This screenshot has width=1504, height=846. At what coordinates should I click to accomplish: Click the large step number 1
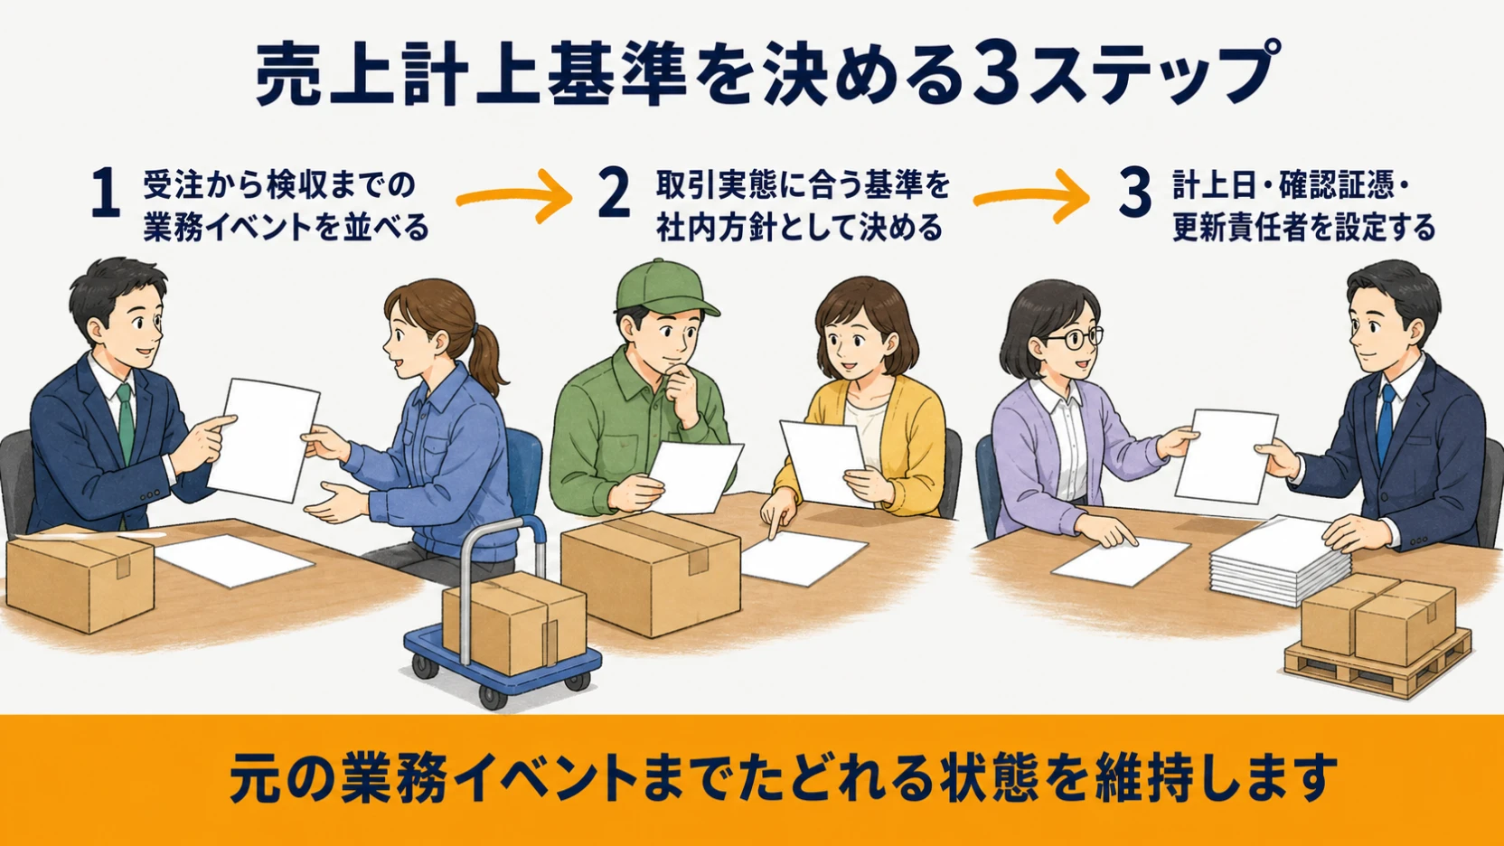(x=106, y=194)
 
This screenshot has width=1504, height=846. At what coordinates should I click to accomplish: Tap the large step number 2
(x=614, y=193)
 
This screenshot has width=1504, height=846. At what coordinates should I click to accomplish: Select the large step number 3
(x=1135, y=193)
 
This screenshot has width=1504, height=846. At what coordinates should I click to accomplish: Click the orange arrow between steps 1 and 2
(x=514, y=196)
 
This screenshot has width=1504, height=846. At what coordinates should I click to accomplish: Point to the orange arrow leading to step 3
(x=1031, y=196)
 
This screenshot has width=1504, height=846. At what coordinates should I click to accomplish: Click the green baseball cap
(x=663, y=288)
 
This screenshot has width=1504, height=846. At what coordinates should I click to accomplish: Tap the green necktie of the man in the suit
(x=126, y=423)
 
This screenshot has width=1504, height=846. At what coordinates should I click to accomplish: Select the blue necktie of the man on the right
(x=1385, y=422)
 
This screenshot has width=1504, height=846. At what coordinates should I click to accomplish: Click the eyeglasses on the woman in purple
(x=1075, y=336)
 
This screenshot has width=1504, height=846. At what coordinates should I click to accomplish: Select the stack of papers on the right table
(x=1279, y=560)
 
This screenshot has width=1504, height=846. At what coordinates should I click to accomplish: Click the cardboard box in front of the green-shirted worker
(x=650, y=574)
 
